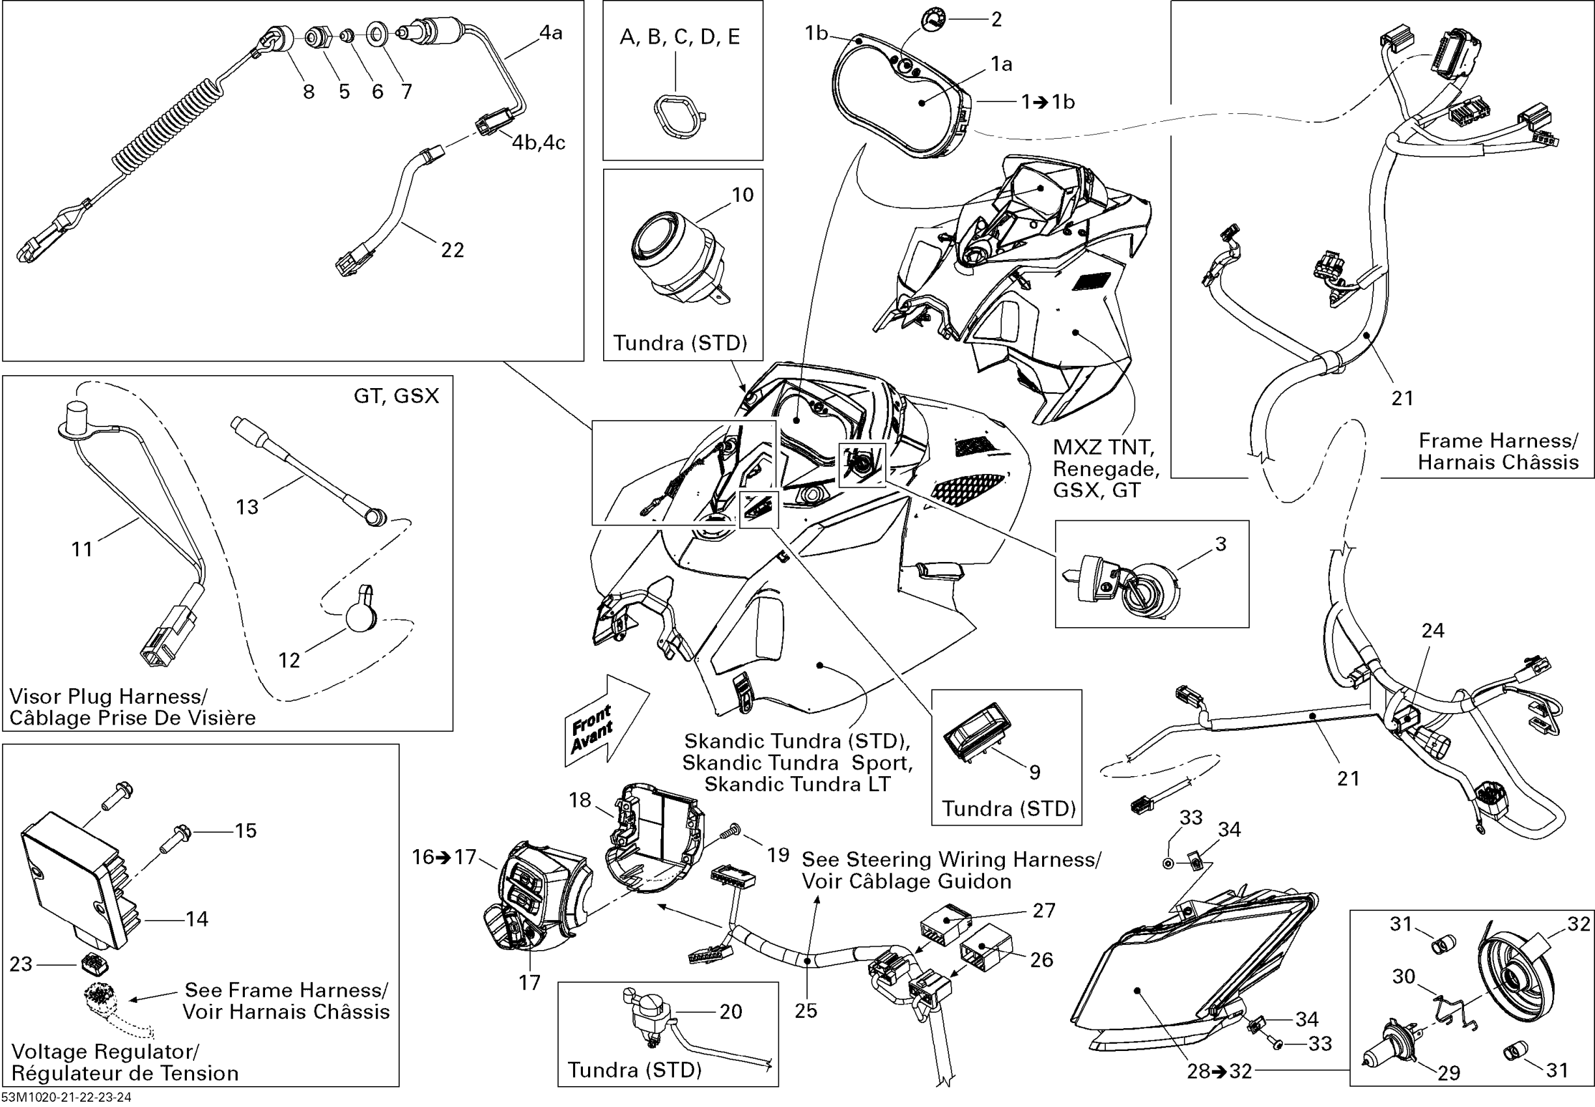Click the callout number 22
[x=453, y=249]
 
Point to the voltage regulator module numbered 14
[x=76, y=877]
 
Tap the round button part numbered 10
[x=673, y=257]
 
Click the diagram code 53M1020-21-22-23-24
[x=66, y=1097]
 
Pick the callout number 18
[x=580, y=800]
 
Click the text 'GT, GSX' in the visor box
[x=396, y=396]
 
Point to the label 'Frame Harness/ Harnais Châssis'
[x=1498, y=451]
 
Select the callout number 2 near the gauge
[x=996, y=20]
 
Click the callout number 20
[x=731, y=1012]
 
